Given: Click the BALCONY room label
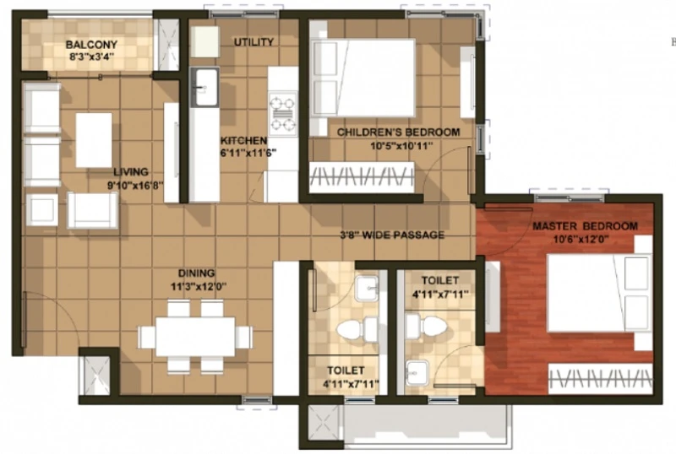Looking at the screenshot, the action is pos(91,45).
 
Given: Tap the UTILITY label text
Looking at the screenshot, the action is pos(253,42).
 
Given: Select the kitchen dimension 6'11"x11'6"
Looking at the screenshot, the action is pos(248,153).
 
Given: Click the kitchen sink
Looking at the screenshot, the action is pos(204,88).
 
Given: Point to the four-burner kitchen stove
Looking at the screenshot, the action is pos(283,114).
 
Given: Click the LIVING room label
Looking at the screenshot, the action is pos(131,172).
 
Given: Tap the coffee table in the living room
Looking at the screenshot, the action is pos(94,140).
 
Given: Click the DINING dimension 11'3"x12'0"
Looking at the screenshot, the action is pos(199,286).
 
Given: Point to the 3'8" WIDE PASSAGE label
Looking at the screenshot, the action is pos(392,235).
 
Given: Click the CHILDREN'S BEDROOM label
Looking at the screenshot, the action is pos(398,132).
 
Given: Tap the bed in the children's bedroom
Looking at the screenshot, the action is pos(363,78).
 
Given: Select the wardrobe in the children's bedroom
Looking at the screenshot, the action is pos(362,177).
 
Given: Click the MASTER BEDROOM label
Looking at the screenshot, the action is pos(585,225).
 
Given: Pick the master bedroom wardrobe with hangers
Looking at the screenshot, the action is pos(600,379).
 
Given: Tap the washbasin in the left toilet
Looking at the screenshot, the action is pos(367,288).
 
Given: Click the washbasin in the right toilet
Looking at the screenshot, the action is pos(417,373).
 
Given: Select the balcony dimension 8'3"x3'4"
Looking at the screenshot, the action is pos(92,56).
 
